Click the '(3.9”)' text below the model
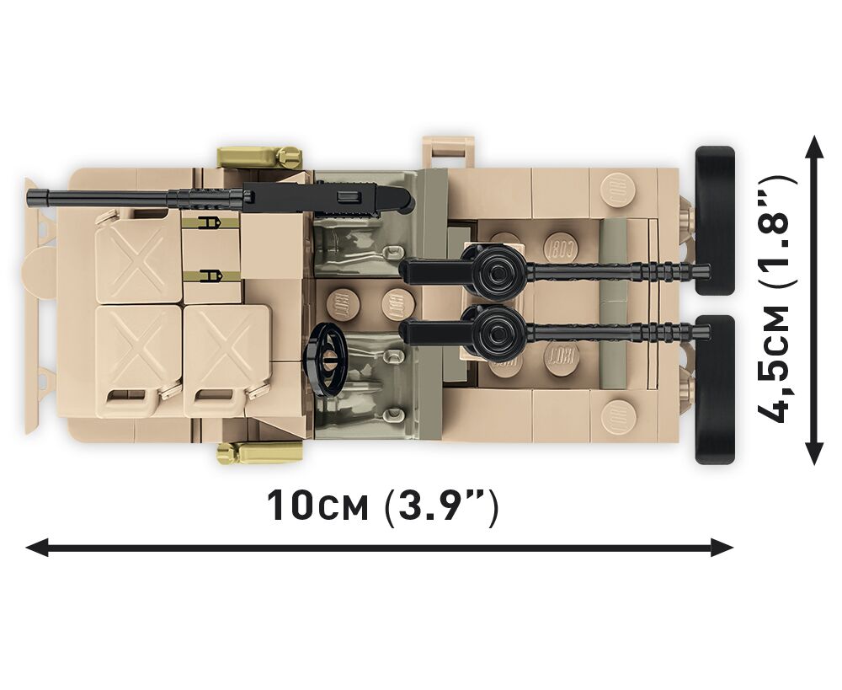(x=441, y=506)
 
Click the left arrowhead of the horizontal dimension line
(x=38, y=548)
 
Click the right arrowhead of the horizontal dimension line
(x=722, y=548)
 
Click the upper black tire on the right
(x=715, y=221)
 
